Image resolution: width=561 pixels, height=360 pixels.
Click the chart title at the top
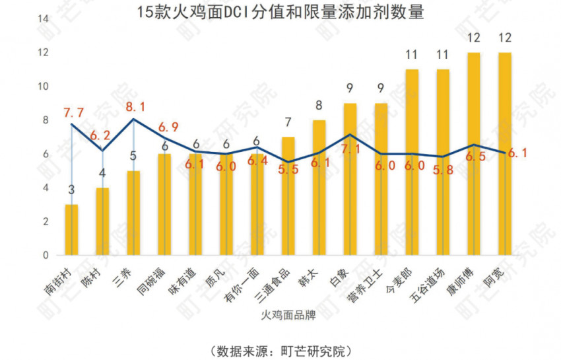(x=280, y=12)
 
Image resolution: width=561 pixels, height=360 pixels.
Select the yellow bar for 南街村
(x=71, y=230)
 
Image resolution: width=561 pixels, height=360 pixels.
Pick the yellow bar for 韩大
(x=319, y=188)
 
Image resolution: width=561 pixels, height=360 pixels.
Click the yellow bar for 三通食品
(x=288, y=196)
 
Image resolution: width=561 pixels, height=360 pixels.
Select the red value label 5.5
(x=288, y=169)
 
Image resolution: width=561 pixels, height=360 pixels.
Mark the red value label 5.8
(x=442, y=169)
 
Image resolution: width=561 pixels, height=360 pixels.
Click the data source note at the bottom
(x=280, y=348)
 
